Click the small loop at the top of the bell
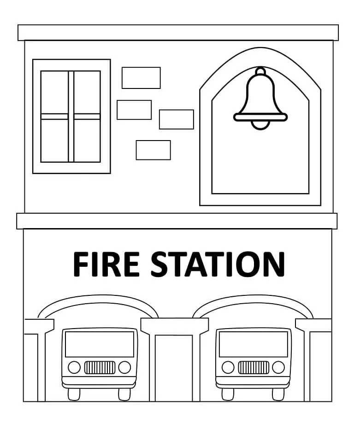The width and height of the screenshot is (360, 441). [x=260, y=71]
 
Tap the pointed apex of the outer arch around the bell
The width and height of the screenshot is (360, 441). [x=260, y=47]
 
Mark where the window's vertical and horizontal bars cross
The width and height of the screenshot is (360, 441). [x=71, y=117]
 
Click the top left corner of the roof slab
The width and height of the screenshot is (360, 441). [x=18, y=25]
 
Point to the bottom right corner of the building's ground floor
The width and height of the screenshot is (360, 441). [x=332, y=401]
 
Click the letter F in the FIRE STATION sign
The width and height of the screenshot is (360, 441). [x=81, y=264]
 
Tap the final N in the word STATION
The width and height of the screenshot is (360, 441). [x=274, y=264]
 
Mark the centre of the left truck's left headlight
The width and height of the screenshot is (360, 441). [x=74, y=367]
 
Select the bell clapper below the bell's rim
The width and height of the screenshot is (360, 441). [x=260, y=125]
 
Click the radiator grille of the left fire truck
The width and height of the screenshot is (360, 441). [x=100, y=367]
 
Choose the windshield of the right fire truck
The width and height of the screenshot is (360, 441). [x=254, y=344]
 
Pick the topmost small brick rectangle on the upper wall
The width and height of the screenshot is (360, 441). [x=141, y=78]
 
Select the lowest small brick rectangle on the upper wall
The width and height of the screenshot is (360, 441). [x=153, y=150]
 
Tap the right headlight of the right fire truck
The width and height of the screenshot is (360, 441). [x=278, y=367]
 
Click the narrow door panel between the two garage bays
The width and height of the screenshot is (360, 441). [x=174, y=368]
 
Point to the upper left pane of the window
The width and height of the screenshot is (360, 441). [x=54, y=92]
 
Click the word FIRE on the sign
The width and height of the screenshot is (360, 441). [x=106, y=264]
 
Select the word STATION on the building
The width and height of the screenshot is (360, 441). [x=218, y=264]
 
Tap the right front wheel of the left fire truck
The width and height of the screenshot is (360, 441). [x=124, y=394]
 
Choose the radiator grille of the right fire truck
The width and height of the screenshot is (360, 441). [x=254, y=367]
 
